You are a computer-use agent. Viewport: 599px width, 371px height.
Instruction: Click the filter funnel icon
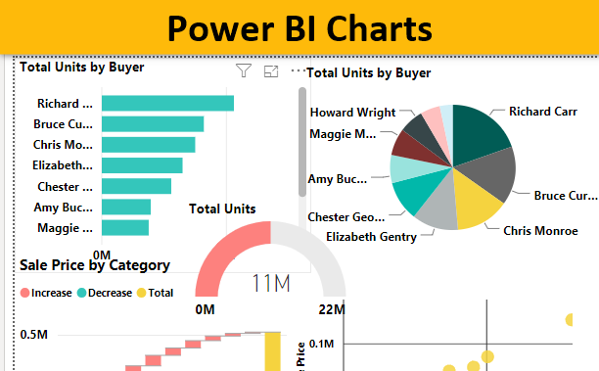[x=245, y=70]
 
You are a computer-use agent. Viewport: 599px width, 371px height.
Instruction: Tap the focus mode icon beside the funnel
[x=271, y=71]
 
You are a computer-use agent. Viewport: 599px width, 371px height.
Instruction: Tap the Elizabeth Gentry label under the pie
[x=371, y=236]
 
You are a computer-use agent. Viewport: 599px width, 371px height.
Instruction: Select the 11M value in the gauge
[x=270, y=283]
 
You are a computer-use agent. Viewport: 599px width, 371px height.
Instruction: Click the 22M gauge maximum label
[x=332, y=309]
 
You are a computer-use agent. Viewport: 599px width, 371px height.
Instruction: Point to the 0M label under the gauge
[x=206, y=309]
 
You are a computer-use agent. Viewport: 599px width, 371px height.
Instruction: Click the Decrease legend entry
[x=105, y=292]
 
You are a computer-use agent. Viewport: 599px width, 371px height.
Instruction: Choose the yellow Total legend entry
[x=158, y=292]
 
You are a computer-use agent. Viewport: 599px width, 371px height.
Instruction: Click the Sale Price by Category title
[x=95, y=264]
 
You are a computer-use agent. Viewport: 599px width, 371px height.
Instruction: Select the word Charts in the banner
[x=368, y=27]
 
